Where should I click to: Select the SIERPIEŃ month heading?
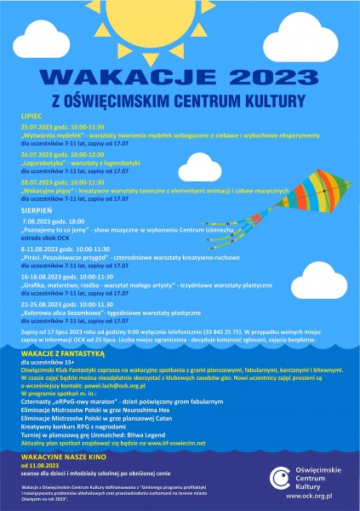point(36,207)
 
